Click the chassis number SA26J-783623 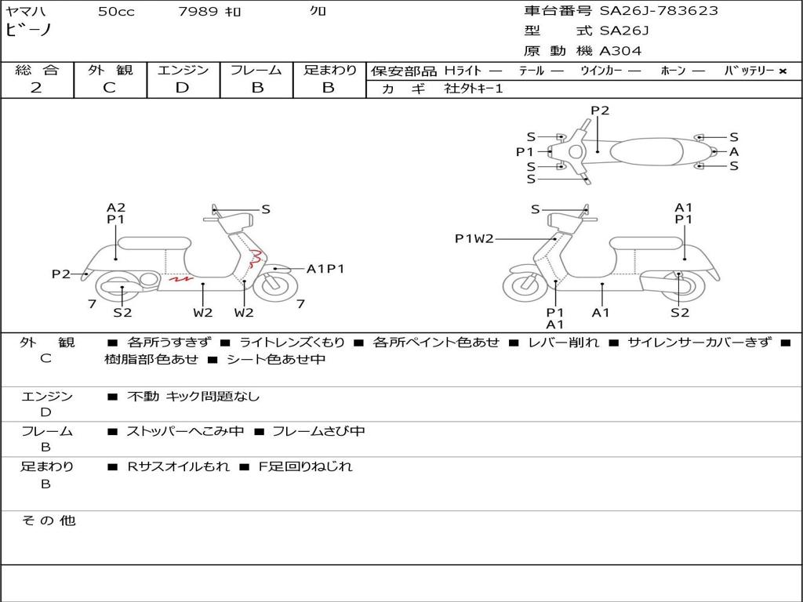659,10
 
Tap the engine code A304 620,51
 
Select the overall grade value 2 36,88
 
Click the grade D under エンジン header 182,88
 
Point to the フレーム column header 256,70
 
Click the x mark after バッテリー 783,71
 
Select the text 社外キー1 474,89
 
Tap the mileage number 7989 198,11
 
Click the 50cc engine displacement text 116,11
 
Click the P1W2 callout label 474,238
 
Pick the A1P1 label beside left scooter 325,269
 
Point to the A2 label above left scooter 116,207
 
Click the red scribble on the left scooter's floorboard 181,279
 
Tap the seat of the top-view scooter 646,151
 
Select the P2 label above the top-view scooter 600,110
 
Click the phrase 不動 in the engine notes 143,396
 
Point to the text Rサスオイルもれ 178,466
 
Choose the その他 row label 49,520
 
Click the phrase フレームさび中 318,431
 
